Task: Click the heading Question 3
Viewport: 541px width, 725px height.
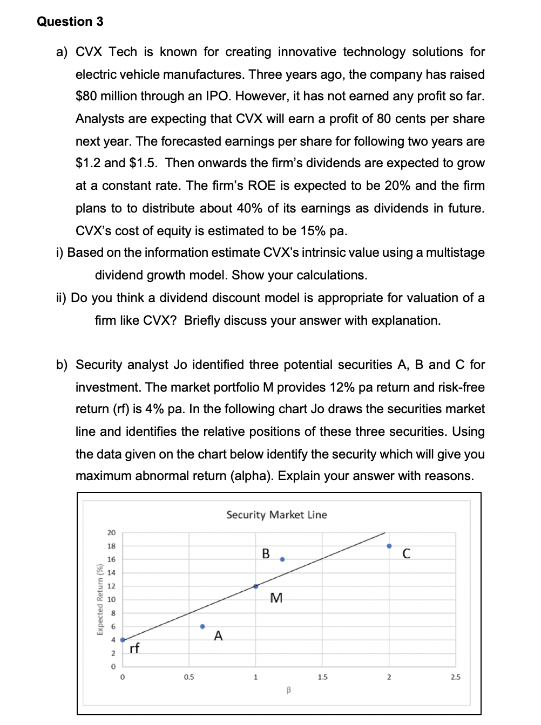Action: click(x=70, y=22)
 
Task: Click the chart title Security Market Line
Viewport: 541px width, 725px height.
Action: click(x=276, y=515)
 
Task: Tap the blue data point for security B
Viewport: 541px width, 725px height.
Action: click(x=282, y=559)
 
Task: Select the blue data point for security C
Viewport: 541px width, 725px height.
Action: click(x=389, y=546)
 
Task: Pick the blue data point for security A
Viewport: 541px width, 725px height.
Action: click(x=202, y=626)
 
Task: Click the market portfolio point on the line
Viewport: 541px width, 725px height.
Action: click(x=256, y=586)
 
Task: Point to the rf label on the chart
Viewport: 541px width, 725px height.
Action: click(x=134, y=648)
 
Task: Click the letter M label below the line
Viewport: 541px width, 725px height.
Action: click(x=276, y=598)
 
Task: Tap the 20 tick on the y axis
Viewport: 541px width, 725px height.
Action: click(x=111, y=533)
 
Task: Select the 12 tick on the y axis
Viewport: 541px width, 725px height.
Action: click(x=111, y=586)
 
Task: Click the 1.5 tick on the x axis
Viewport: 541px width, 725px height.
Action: click(x=322, y=677)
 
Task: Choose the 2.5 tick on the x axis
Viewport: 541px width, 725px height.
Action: click(x=456, y=677)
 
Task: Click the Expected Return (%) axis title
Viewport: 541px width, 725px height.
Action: click(x=99, y=599)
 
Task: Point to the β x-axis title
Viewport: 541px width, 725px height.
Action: click(x=289, y=689)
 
